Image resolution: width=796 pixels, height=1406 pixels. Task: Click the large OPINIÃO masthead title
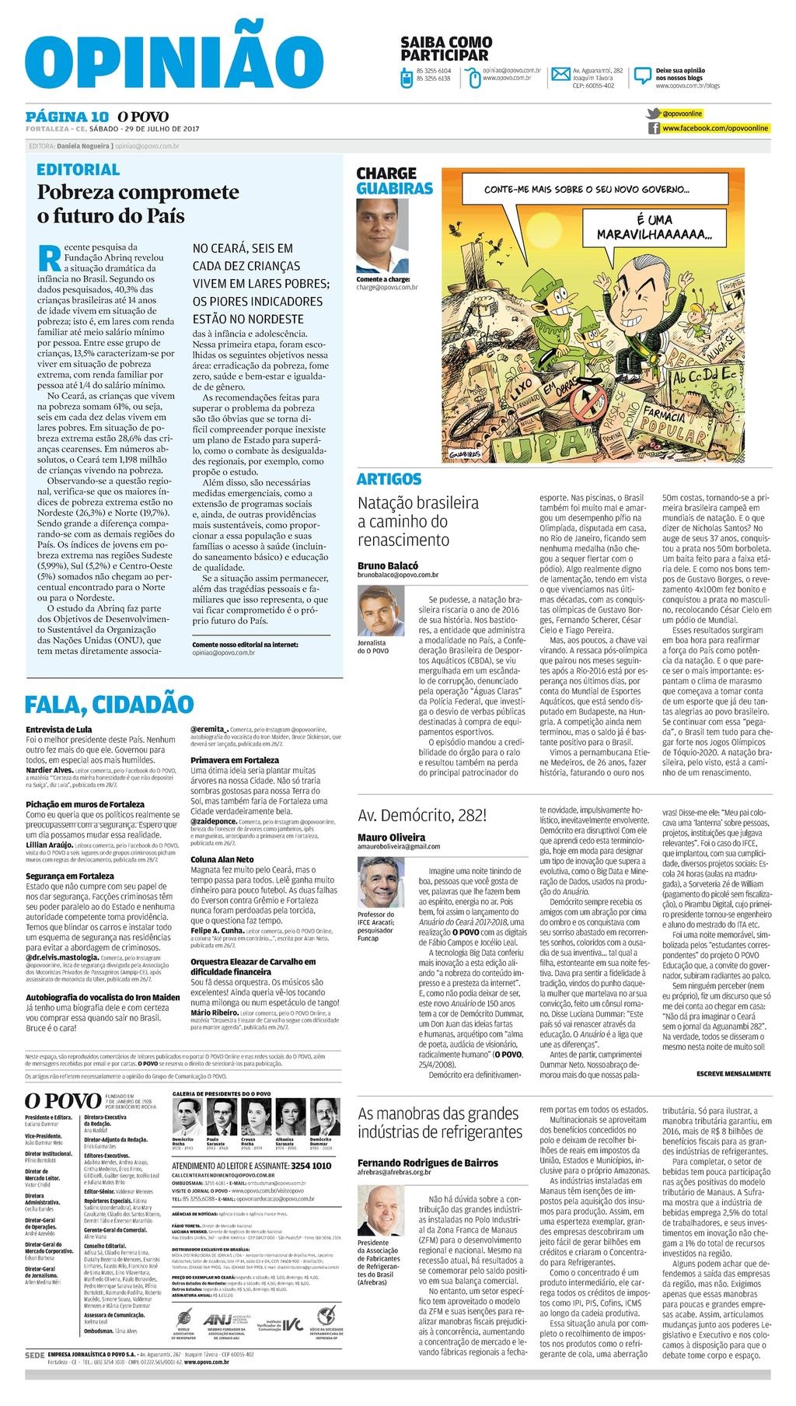click(x=168, y=61)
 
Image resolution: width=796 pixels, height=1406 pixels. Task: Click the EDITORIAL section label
click(x=79, y=169)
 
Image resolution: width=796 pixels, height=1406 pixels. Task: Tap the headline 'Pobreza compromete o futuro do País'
click(x=138, y=204)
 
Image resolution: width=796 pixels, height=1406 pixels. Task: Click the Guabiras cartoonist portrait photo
click(x=382, y=234)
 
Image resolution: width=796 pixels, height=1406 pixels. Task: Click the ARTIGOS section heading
click(x=389, y=479)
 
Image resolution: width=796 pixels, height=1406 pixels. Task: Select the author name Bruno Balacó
click(x=387, y=565)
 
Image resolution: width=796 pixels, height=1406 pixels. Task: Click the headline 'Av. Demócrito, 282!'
click(x=422, y=816)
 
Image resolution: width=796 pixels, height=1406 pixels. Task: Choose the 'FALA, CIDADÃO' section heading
click(x=109, y=704)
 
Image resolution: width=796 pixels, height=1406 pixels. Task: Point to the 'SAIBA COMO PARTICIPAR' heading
click(x=445, y=48)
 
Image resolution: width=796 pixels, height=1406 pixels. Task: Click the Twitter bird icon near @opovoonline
click(x=655, y=113)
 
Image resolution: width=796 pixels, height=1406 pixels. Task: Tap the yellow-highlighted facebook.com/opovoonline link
click(x=715, y=128)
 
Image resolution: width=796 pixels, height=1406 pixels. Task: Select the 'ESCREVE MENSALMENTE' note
click(x=733, y=1074)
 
